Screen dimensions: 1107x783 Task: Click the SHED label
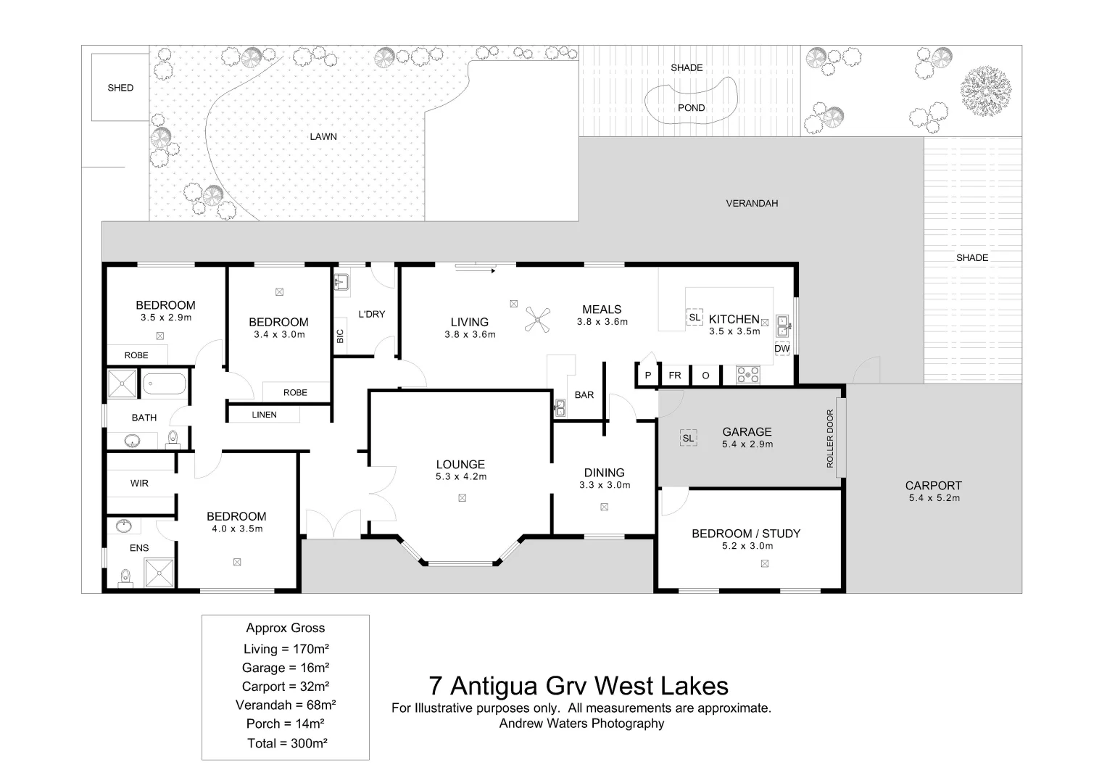coord(120,88)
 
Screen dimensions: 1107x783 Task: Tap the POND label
coord(692,108)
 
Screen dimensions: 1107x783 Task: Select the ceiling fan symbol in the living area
coord(538,319)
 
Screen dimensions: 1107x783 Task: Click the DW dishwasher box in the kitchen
coord(781,349)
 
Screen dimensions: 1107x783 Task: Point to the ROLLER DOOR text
coord(830,439)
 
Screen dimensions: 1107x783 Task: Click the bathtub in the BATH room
coord(164,384)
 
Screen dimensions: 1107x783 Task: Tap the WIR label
coord(139,484)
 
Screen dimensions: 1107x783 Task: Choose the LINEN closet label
coord(265,415)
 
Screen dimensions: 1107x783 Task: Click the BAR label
coord(584,395)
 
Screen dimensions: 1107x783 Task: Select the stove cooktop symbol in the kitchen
coord(747,375)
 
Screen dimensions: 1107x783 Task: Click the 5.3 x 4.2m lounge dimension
coord(461,476)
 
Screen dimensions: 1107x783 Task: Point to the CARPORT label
coord(934,486)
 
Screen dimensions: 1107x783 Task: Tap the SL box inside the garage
coord(689,438)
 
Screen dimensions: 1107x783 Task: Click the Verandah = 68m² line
coord(286,705)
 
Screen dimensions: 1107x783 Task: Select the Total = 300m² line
coord(287,743)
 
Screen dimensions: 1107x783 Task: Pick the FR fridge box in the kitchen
coord(675,376)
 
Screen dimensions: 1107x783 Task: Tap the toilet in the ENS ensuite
coord(126,577)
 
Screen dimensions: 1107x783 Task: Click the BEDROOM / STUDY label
coord(746,534)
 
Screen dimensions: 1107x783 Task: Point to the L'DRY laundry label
coord(372,314)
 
